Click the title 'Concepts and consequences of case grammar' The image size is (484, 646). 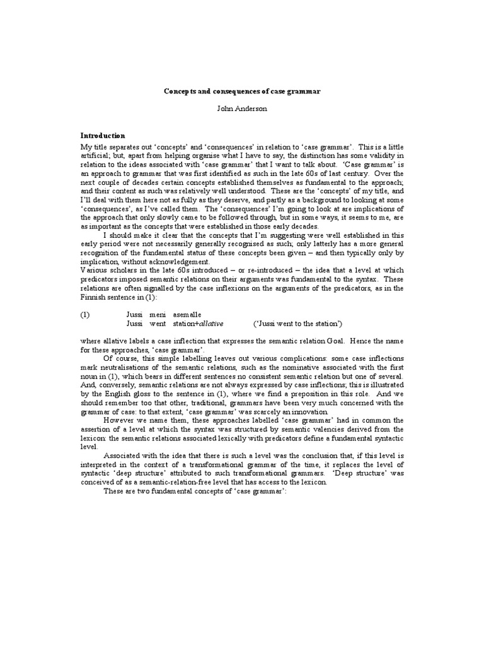242,92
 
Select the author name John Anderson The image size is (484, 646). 242,109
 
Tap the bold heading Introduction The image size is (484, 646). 103,136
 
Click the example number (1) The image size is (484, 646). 86,314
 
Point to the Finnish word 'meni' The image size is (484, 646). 158,314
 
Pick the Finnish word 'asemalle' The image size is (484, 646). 187,314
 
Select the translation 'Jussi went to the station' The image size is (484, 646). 298,324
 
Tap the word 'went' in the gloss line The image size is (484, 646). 158,324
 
